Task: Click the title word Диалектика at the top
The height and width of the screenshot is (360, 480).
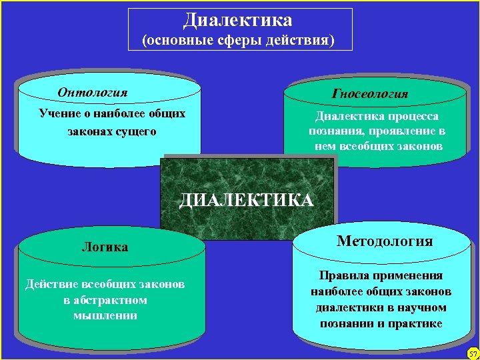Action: coord(238,20)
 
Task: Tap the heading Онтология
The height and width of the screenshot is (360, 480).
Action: coord(93,93)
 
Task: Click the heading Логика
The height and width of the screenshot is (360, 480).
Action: coord(105,247)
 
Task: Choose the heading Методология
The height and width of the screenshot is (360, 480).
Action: coord(385,241)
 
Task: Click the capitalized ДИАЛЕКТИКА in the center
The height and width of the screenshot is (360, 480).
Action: coord(246,200)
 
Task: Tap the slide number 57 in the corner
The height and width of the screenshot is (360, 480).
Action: coord(473,353)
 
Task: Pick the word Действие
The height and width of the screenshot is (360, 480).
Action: coord(49,285)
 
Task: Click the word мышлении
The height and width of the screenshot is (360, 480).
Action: coord(105,315)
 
